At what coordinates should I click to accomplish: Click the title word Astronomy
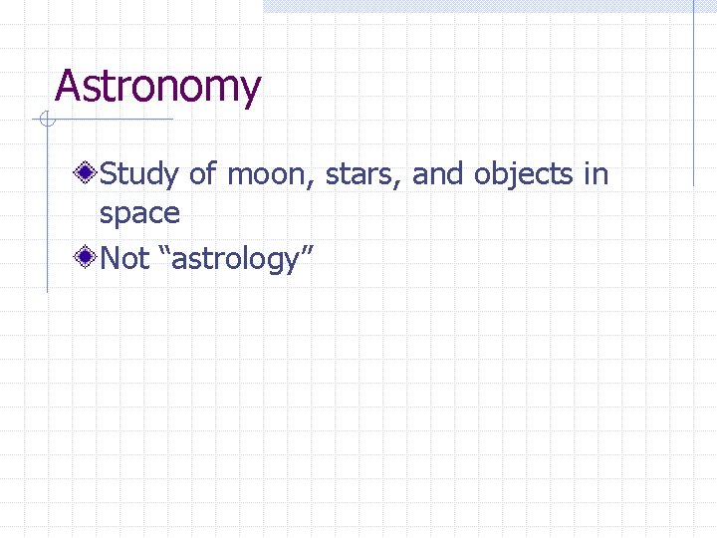157,88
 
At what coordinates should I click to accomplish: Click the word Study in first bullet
139,175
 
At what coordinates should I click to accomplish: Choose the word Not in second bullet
124,259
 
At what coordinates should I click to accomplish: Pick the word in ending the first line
597,175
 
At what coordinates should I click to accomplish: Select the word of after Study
202,175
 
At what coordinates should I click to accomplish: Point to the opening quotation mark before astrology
177,253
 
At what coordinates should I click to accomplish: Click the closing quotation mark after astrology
307,253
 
